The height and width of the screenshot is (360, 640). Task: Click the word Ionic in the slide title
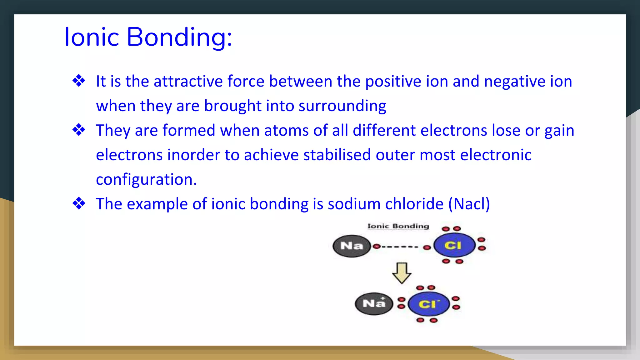pos(92,37)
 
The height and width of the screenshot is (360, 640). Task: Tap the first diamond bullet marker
pos(79,81)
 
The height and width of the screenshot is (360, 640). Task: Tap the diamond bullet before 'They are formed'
pos(79,130)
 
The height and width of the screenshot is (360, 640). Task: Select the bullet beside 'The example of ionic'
pos(79,203)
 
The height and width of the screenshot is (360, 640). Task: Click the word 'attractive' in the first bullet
pos(188,81)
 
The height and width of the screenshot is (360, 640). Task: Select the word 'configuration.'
pos(146,180)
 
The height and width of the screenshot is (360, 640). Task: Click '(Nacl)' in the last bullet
pos(469,204)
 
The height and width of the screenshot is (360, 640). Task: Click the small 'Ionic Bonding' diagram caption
pos(398,226)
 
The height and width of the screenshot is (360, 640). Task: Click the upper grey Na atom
pos(352,246)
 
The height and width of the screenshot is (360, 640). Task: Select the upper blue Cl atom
pos(454,245)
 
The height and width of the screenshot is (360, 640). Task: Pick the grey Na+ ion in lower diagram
pos(374,303)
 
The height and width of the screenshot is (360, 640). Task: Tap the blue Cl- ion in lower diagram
pos(429,304)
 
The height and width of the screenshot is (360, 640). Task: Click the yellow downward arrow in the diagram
pos(402,273)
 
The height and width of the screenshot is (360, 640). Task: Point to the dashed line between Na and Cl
pos(400,247)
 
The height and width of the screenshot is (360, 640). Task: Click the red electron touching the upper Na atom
pos(377,247)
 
